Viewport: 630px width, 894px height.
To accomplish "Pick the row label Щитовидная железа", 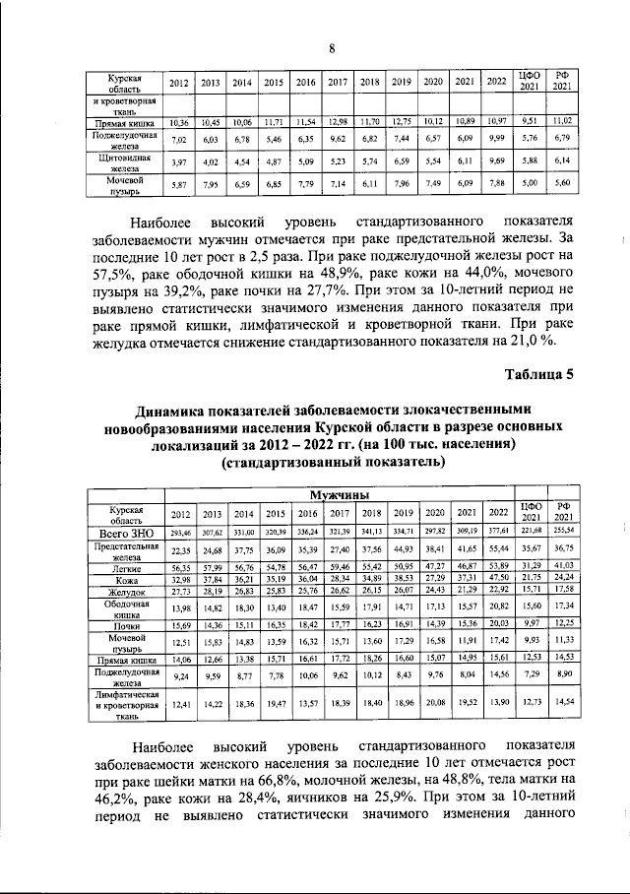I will (128, 162).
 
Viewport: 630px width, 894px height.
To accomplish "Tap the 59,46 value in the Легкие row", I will (338, 568).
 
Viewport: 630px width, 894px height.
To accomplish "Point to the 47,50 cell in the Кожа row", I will (498, 580).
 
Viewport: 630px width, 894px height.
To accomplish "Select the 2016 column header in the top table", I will (306, 84).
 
